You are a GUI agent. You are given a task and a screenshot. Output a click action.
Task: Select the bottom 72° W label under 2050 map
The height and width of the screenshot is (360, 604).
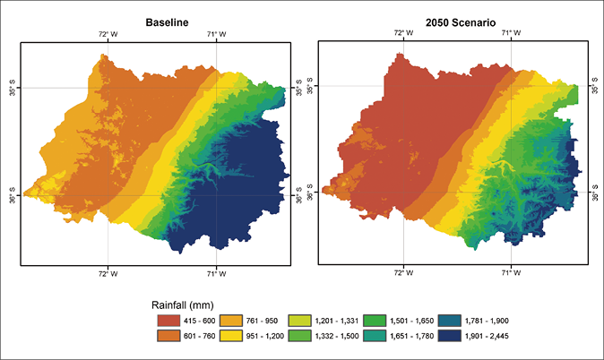(x=402, y=274)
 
